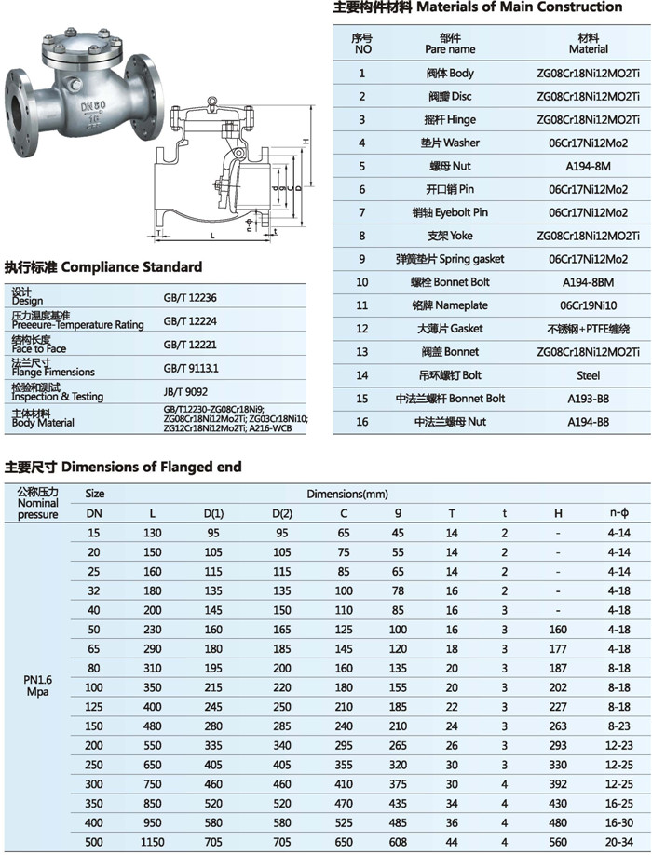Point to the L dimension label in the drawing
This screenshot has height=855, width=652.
pyautogui.click(x=212, y=237)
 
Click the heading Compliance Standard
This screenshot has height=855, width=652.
pyautogui.click(x=102, y=266)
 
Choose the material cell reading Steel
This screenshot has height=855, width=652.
pyautogui.click(x=588, y=375)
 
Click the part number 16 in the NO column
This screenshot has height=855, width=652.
pyautogui.click(x=362, y=422)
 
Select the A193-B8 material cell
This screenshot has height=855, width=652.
pyautogui.click(x=588, y=399)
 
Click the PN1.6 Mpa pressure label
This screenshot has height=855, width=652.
pyautogui.click(x=37, y=685)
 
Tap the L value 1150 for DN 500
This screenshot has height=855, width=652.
pyautogui.click(x=153, y=841)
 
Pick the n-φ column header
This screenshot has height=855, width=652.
pyautogui.click(x=618, y=512)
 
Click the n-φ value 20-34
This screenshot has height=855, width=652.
pyautogui.click(x=618, y=841)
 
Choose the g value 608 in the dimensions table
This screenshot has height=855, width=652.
pyautogui.click(x=398, y=841)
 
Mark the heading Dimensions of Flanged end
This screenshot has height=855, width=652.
pyautogui.click(x=123, y=467)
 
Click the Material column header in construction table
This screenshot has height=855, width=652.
pyautogui.click(x=588, y=44)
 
